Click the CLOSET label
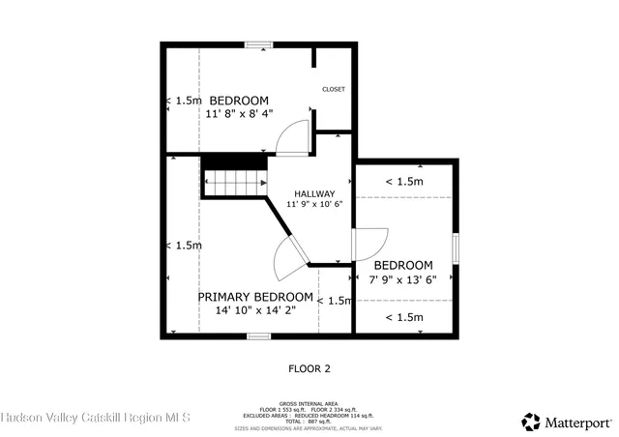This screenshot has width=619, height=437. (x=333, y=89)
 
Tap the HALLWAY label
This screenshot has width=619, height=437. (x=314, y=193)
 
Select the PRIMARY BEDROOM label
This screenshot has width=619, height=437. (x=255, y=297)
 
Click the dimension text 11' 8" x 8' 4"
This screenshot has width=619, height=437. (x=238, y=113)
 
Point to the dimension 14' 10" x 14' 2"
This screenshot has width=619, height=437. (x=255, y=310)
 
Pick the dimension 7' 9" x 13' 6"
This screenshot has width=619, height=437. (x=403, y=279)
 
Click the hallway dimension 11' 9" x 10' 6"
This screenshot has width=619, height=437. (x=314, y=204)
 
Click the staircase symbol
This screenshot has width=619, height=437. (x=233, y=180)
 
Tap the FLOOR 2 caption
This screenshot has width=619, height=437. (x=309, y=368)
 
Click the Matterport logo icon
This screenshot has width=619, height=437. (x=531, y=422)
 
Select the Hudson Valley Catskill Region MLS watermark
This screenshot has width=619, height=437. (x=97, y=418)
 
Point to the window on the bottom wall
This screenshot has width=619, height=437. (x=257, y=335)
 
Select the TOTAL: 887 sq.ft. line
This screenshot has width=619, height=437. (x=309, y=422)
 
